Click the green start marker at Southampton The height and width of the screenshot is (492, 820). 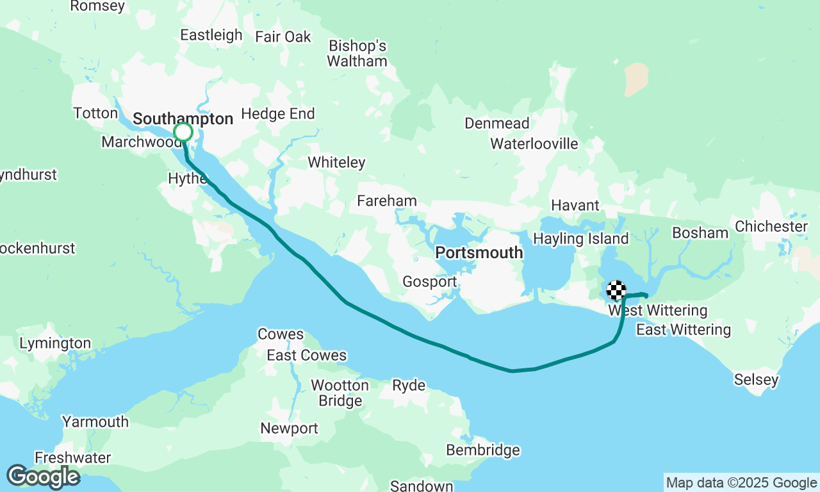[183, 132]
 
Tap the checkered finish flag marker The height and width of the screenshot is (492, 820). [616, 290]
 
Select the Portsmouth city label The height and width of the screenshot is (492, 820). [479, 253]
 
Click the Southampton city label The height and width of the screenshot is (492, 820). [183, 119]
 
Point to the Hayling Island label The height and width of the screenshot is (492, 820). [581, 239]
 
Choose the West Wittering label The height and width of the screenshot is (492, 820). [658, 311]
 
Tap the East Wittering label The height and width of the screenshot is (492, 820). [683, 330]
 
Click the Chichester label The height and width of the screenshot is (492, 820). [771, 227]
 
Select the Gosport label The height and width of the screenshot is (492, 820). [429, 282]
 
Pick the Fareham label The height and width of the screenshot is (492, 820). [387, 201]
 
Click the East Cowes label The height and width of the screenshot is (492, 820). [306, 356]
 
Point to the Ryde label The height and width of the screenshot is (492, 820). [409, 386]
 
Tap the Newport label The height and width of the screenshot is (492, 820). [289, 429]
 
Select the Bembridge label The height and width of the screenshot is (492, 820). [483, 450]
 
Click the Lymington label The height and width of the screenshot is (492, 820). [55, 344]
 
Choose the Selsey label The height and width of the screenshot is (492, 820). [757, 380]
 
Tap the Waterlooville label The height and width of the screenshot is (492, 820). [534, 144]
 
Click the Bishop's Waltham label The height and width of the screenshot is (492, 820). [357, 54]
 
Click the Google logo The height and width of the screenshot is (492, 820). [43, 477]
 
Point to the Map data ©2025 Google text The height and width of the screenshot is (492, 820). [741, 483]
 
